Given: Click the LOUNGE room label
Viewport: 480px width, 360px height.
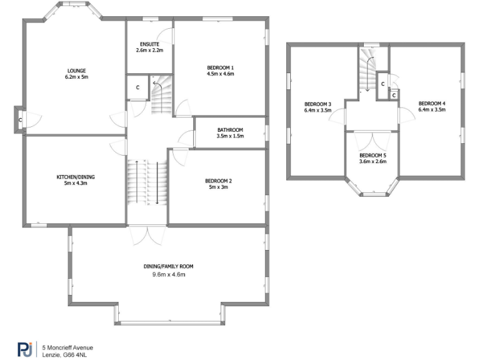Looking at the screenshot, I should pyautogui.click(x=77, y=71).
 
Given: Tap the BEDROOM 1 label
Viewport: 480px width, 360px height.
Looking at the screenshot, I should pyautogui.click(x=220, y=67).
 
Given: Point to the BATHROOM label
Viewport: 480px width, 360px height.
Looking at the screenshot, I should pyautogui.click(x=229, y=130).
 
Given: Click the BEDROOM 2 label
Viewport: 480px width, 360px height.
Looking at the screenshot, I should pyautogui.click(x=218, y=181).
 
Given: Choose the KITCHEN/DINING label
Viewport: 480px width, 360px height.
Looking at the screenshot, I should pyautogui.click(x=76, y=177).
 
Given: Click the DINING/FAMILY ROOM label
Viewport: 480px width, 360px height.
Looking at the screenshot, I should pyautogui.click(x=169, y=266).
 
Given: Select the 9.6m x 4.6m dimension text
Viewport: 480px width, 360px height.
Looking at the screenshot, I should pyautogui.click(x=169, y=274).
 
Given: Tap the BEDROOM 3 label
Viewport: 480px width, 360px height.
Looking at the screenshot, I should pyautogui.click(x=317, y=104).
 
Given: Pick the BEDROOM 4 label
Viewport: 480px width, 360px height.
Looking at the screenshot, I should pyautogui.click(x=432, y=103).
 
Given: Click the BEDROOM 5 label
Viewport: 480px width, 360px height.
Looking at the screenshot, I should pyautogui.click(x=372, y=155).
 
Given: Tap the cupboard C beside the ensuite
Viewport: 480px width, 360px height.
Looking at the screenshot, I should pyautogui.click(x=137, y=88).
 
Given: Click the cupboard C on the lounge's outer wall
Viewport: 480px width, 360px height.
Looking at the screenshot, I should pyautogui.click(x=20, y=120).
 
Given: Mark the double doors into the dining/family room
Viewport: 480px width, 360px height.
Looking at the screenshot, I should pyautogui.click(x=147, y=236).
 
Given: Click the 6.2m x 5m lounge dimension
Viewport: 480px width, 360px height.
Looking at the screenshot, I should pyautogui.click(x=77, y=77).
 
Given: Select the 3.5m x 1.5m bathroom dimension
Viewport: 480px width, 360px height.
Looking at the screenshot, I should pyautogui.click(x=229, y=136).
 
